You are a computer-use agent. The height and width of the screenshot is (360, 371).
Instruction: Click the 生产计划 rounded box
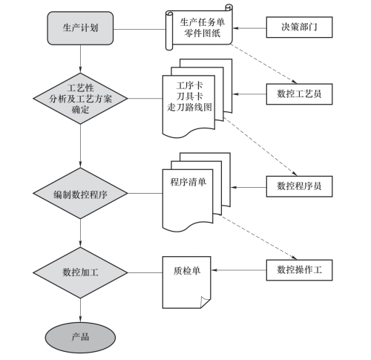[x=80, y=28]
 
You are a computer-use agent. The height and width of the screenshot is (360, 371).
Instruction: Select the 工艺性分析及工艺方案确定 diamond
[x=80, y=99]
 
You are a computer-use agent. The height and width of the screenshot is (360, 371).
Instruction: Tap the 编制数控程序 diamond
[x=80, y=193]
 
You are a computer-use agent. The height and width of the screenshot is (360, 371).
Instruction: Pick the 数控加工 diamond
[x=80, y=272]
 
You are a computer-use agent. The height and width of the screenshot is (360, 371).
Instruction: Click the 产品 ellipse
[x=80, y=338]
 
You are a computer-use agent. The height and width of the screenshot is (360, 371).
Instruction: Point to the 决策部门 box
[x=299, y=27]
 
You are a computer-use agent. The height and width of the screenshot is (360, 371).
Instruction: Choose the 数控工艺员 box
[x=299, y=94]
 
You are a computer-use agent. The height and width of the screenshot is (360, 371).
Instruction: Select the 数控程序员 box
[x=299, y=186]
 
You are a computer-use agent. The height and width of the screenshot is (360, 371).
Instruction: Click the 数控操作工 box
[x=299, y=270]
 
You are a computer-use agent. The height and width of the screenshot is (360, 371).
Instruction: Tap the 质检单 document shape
[x=186, y=282]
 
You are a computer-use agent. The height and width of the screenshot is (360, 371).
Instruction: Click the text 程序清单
[x=188, y=182]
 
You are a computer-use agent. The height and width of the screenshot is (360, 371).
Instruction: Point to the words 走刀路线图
[x=189, y=108]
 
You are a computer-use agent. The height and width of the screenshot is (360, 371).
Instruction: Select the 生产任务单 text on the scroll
[x=202, y=22]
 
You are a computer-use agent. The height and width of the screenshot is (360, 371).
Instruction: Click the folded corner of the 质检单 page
[x=205, y=302]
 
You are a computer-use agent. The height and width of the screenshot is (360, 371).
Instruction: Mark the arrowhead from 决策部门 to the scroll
[x=235, y=28]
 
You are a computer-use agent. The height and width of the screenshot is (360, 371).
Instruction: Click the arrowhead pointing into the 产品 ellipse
[x=80, y=319]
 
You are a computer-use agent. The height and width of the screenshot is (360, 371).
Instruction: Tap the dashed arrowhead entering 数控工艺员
[x=294, y=82]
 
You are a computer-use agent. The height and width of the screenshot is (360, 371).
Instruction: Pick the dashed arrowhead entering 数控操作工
[x=294, y=258]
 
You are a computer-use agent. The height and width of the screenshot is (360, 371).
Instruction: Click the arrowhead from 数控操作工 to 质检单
[x=214, y=270]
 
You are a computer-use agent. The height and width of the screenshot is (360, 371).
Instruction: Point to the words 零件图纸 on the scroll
[x=202, y=33]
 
